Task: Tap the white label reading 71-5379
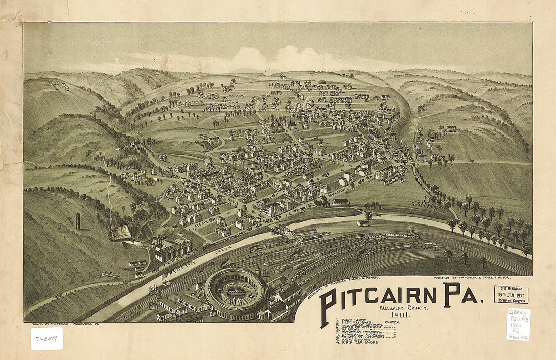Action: (47, 338)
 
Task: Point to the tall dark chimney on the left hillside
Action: (78, 221)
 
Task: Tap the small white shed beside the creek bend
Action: (362, 223)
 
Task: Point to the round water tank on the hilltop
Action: (321, 82)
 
